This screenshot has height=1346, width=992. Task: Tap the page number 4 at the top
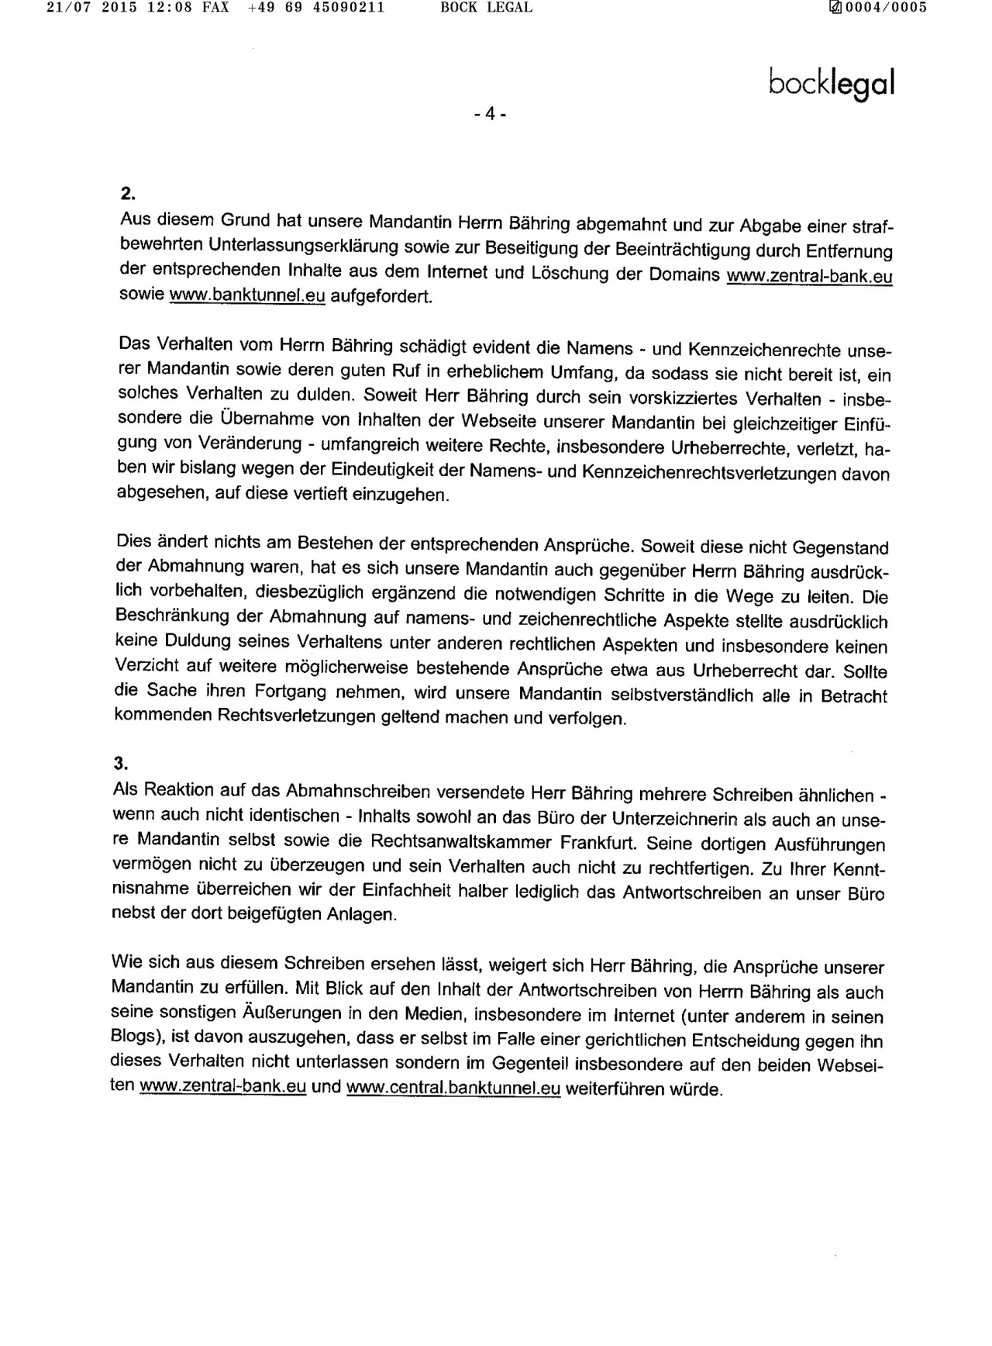click(490, 114)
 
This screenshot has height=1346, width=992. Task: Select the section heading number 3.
click(120, 763)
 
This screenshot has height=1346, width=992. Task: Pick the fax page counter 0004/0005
click(883, 8)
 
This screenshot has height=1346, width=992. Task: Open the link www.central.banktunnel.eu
click(453, 1088)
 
